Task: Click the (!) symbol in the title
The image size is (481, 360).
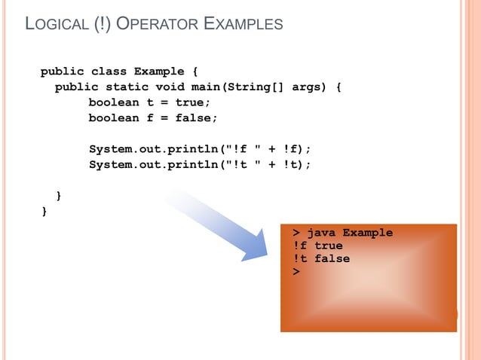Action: click(x=104, y=25)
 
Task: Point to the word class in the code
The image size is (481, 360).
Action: click(x=109, y=72)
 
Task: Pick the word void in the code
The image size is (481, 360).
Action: click(x=169, y=87)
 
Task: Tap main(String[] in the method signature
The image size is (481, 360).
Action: click(x=237, y=87)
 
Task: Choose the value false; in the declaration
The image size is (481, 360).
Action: click(x=197, y=118)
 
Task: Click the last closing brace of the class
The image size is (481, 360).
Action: click(x=44, y=212)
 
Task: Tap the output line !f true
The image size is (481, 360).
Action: click(x=317, y=246)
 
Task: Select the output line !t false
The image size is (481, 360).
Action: click(x=321, y=258)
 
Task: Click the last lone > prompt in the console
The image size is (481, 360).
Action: click(x=296, y=271)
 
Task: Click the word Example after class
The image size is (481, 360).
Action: click(x=158, y=72)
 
